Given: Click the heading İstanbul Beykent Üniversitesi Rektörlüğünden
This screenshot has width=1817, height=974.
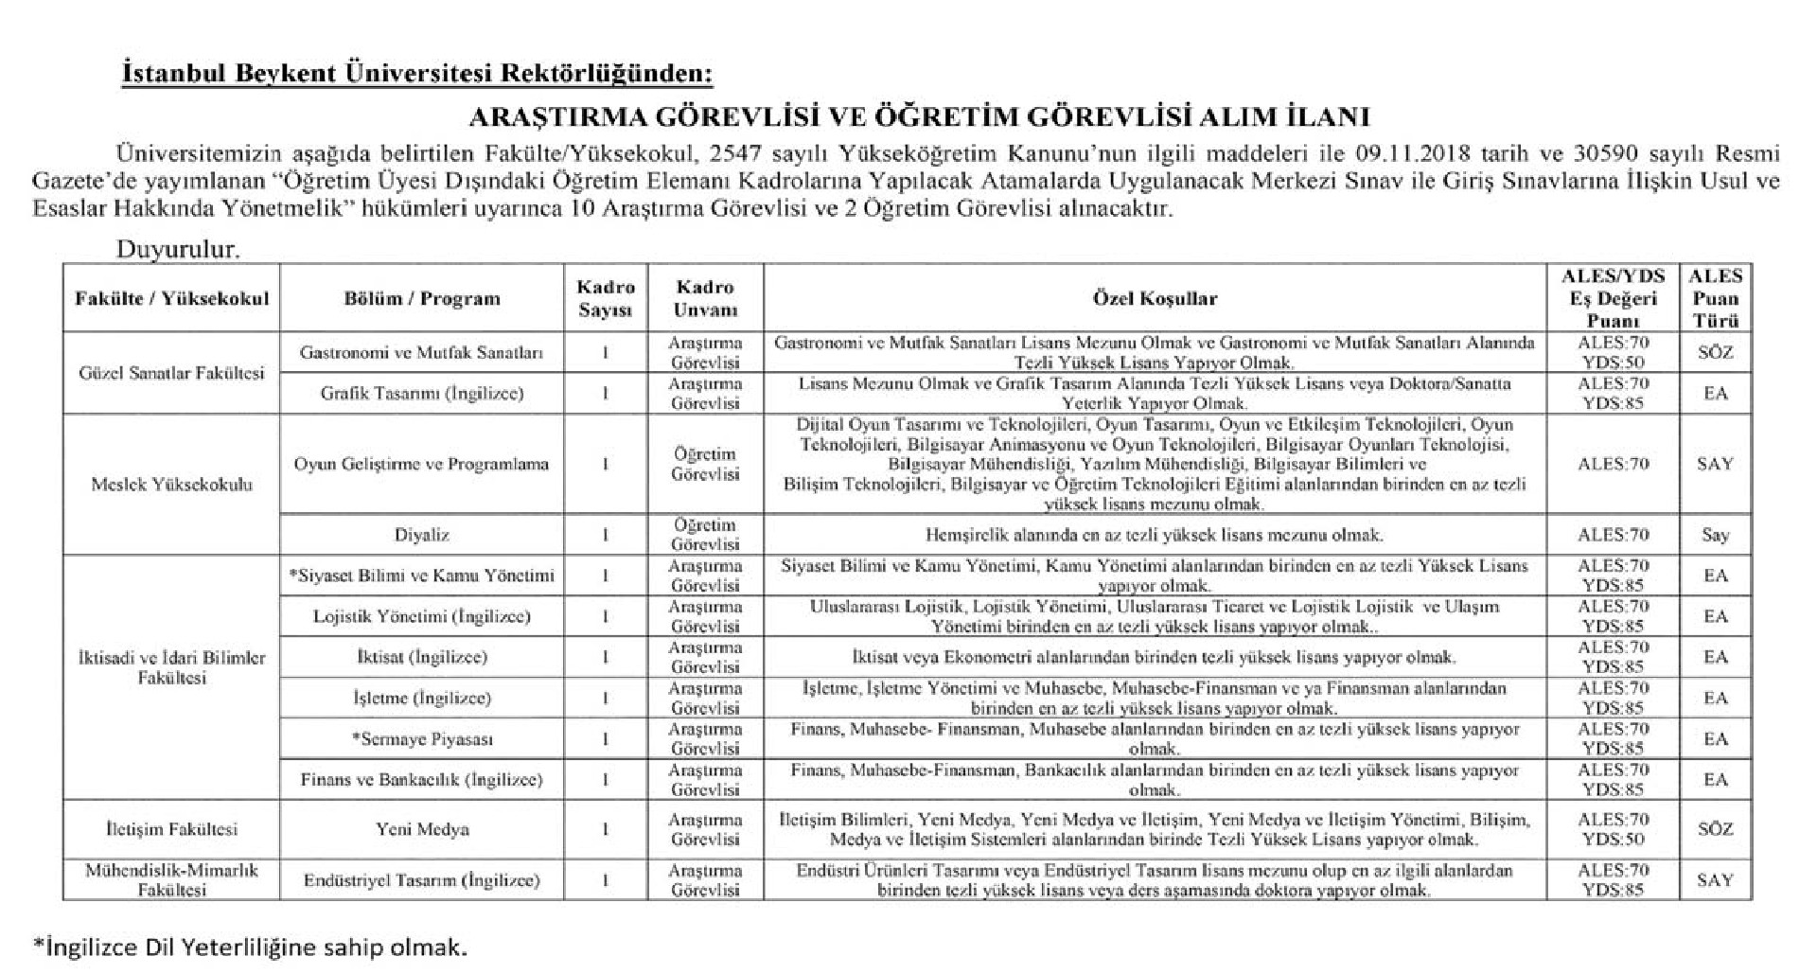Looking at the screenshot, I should [417, 74].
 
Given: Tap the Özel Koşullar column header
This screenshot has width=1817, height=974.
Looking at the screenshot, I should [1155, 298].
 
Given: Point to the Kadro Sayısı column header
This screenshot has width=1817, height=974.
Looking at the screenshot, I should [606, 298].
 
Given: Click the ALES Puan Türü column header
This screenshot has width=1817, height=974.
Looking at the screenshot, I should [1715, 298].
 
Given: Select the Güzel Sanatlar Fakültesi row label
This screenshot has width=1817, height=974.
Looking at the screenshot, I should [171, 373].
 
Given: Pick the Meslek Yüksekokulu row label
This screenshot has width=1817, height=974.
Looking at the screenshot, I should [171, 485].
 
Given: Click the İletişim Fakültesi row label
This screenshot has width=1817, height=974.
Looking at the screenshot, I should [171, 829].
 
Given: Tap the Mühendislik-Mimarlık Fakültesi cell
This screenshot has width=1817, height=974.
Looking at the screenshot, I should [171, 879].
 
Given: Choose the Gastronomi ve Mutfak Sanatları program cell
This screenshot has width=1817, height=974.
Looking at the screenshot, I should [421, 352].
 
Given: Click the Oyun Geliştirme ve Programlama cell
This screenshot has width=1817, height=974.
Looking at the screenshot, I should [421, 464].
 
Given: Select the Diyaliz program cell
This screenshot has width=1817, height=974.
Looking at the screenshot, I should [421, 535].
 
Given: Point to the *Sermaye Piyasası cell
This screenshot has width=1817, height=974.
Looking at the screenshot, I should [421, 739].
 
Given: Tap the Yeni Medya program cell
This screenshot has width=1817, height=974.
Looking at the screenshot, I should [421, 829].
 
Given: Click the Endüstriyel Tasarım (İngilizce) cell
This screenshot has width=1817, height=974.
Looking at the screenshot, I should [421, 880].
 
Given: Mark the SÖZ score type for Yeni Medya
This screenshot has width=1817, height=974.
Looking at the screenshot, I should [1715, 829].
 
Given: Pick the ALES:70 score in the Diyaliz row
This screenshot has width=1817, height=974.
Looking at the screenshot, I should [1614, 535].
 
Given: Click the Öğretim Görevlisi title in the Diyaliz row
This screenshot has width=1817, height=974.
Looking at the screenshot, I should [705, 535].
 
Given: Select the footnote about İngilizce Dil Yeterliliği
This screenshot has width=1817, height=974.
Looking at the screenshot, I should [250, 947].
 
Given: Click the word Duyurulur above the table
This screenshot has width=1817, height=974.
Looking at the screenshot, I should [178, 250].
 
